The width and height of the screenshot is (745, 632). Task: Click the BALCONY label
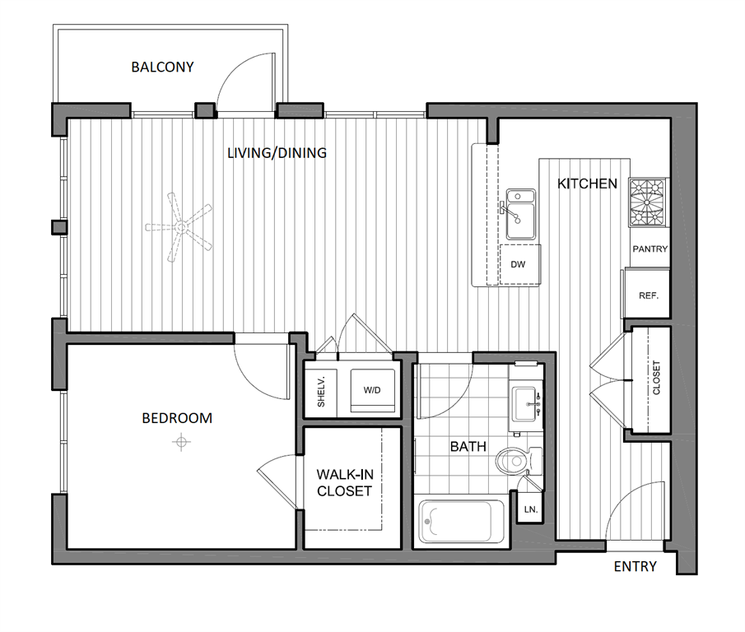pos(162,67)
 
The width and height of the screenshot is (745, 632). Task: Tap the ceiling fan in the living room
pos(178,227)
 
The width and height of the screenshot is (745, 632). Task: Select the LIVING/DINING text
pos(277,153)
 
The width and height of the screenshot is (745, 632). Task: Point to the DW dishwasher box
pos(519,265)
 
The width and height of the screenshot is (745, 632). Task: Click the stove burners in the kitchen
pos(650,202)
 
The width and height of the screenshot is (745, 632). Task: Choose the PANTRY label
pos(650,249)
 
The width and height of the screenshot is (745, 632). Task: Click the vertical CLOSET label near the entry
pos(656,379)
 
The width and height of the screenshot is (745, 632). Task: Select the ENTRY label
pos(636,566)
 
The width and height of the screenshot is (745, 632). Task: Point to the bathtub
pos(460,521)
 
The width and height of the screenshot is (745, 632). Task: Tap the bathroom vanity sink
pos(525,403)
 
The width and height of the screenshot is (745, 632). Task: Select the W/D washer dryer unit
pos(372,388)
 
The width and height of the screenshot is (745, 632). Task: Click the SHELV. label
pos(322,391)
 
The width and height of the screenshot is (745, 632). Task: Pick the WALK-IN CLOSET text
pos(344,482)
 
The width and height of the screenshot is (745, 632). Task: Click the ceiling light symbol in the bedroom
pos(180,444)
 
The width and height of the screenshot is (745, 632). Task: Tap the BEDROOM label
pos(177,418)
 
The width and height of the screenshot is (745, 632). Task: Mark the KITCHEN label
pos(587,184)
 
